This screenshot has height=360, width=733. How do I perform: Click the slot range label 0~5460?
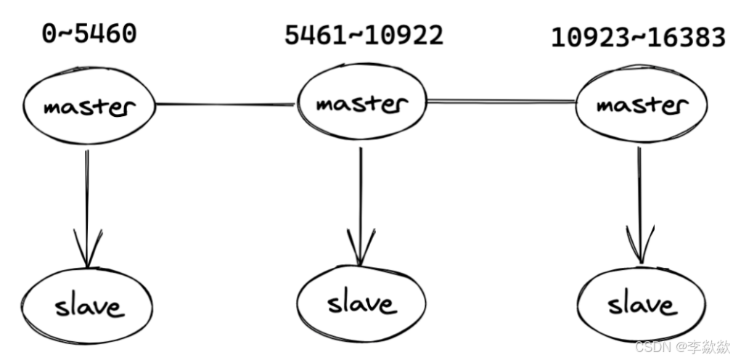[x=89, y=33]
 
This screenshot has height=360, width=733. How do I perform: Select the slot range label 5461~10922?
[x=363, y=35]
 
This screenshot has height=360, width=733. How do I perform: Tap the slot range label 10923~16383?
[x=638, y=38]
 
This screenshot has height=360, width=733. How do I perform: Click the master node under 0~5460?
[x=89, y=107]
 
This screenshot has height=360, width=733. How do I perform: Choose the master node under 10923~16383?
[x=641, y=105]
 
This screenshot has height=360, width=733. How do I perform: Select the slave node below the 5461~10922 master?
[x=361, y=302]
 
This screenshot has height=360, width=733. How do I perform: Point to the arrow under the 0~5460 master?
[x=87, y=203]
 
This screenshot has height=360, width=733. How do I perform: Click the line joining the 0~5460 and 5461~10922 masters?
[x=226, y=105]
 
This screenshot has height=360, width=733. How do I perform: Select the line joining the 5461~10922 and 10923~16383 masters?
[x=501, y=102]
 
